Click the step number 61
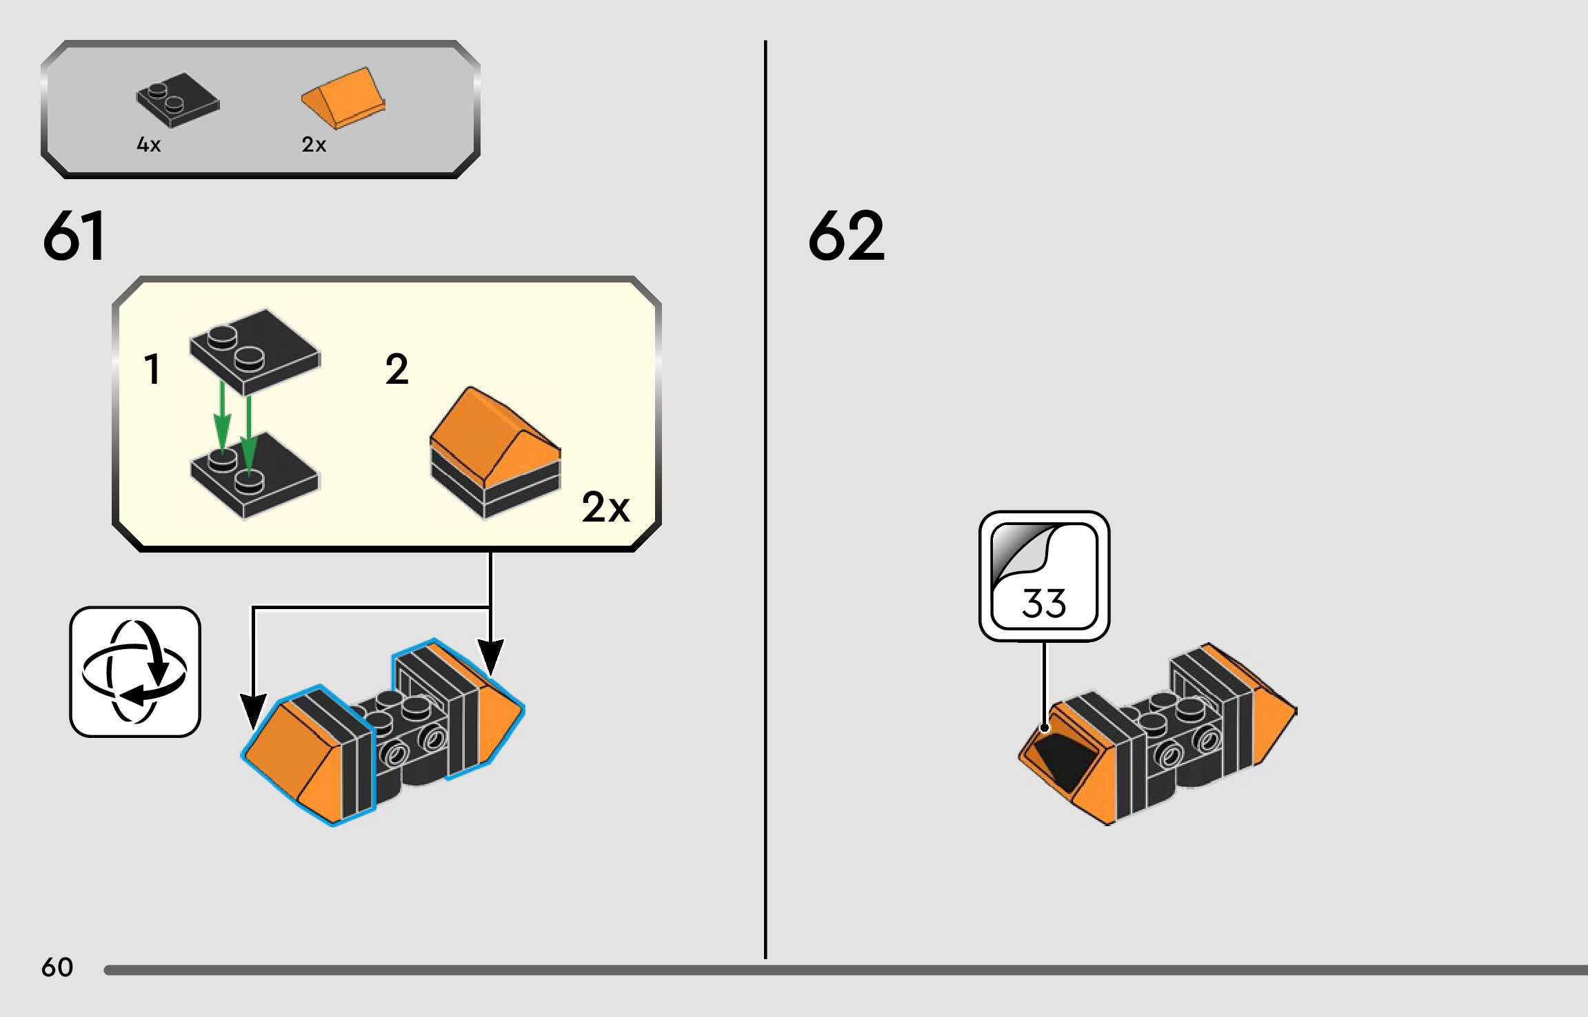point(74,236)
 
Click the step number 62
point(846,236)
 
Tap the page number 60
point(57,967)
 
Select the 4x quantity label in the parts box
point(149,145)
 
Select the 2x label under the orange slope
point(314,145)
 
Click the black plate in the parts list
point(178,100)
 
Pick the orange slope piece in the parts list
point(343,99)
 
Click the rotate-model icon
point(135,672)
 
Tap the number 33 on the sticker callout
point(1044,603)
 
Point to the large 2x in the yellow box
point(605,508)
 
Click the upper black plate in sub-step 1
point(255,351)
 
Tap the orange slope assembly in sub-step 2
point(495,453)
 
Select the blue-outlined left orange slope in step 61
point(308,756)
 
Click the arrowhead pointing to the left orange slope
point(253,712)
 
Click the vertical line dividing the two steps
point(765,500)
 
